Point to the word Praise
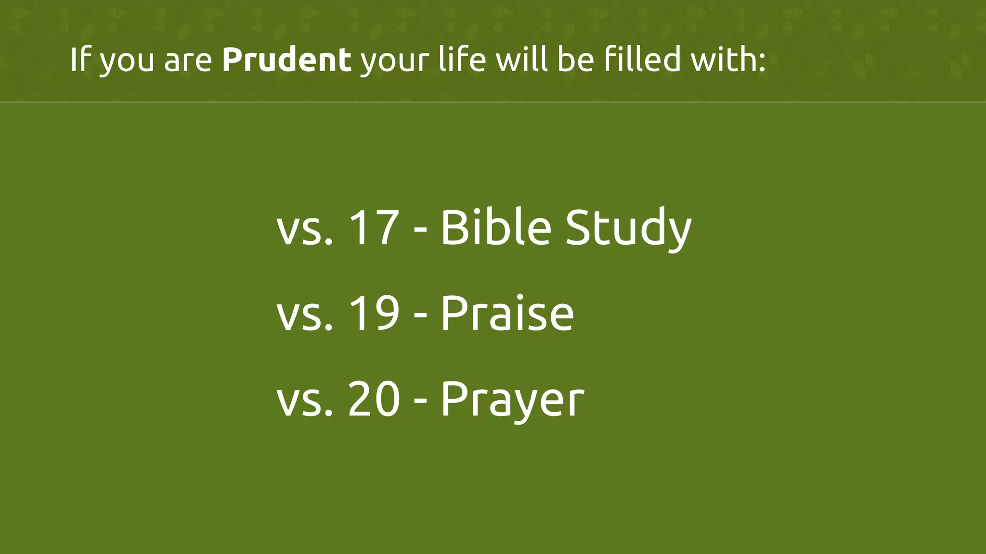(x=507, y=314)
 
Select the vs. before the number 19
(x=305, y=315)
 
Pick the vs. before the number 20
(x=305, y=400)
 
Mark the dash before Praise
(x=420, y=316)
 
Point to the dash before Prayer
(x=420, y=402)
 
